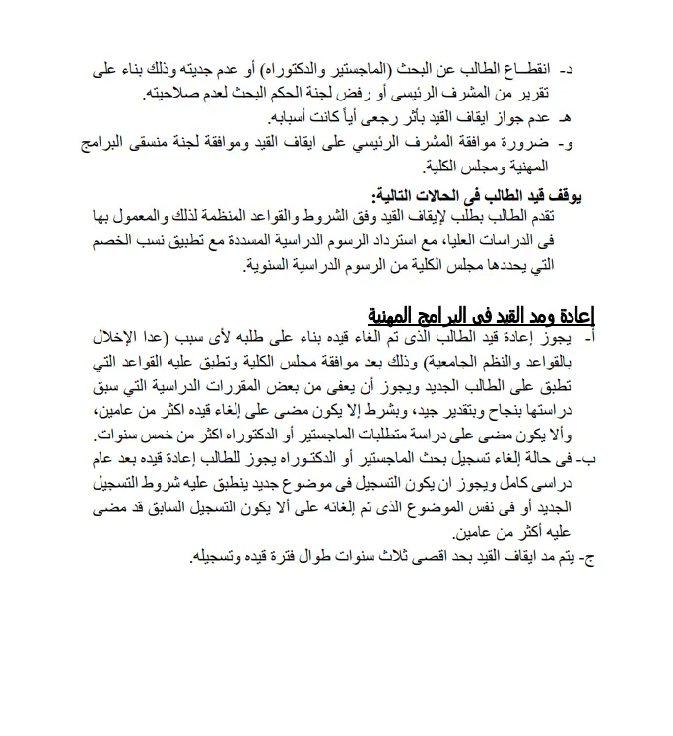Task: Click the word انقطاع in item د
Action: (526, 72)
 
